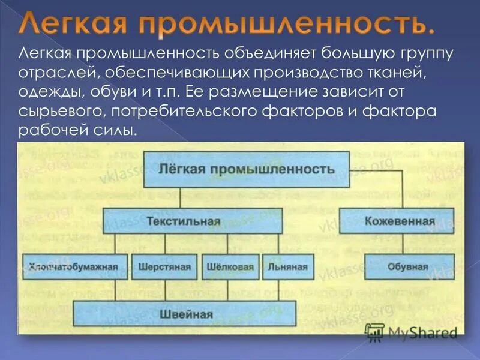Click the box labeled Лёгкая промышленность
point(245,169)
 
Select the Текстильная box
point(192,221)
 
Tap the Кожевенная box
point(399,221)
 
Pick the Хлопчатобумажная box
point(76,267)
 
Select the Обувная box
point(399,267)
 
